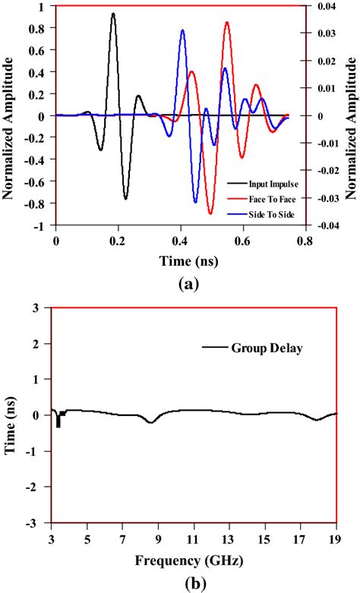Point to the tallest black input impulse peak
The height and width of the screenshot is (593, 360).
(113, 14)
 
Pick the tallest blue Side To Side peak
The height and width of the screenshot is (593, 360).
(182, 30)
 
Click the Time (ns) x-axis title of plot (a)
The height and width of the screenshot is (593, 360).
(180, 260)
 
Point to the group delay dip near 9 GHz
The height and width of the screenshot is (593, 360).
(151, 421)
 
